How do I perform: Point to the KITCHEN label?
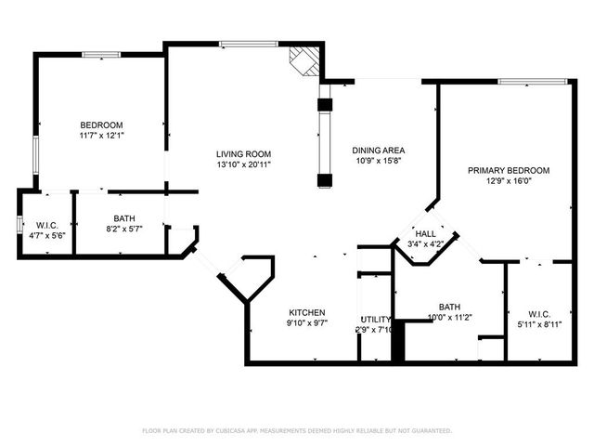click(306, 312)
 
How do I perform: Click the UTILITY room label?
click(375, 318)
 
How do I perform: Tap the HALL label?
click(426, 234)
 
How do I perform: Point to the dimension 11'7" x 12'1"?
click(101, 136)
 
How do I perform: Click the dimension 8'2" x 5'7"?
click(123, 229)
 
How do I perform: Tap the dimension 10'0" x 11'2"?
click(449, 318)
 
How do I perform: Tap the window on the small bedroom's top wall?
click(101, 55)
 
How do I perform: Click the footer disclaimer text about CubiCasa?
click(296, 431)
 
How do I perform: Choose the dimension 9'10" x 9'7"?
click(306, 323)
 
